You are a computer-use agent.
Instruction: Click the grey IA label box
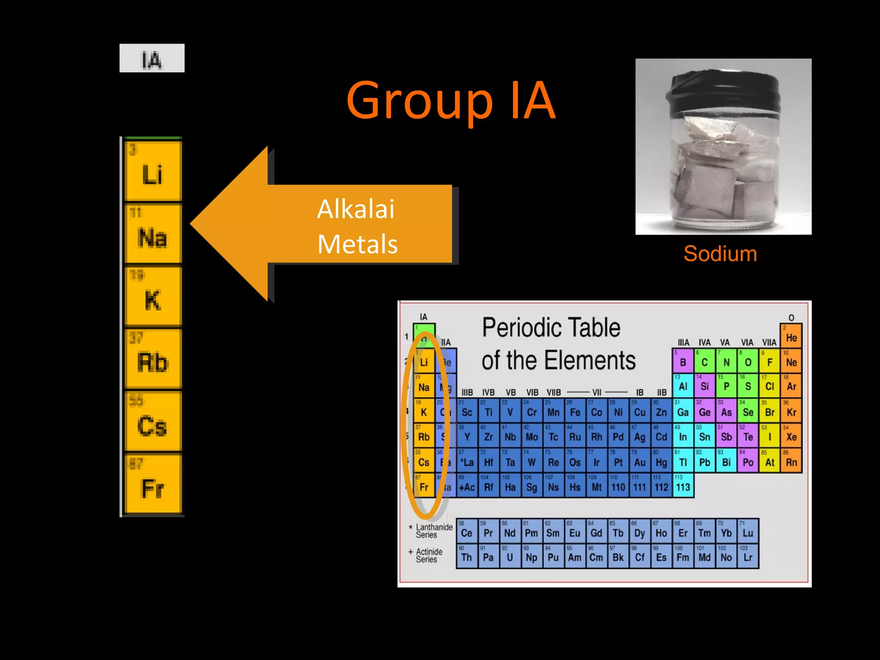tap(152, 58)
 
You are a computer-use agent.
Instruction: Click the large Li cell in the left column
tap(153, 171)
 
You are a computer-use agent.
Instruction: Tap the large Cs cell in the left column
tap(153, 422)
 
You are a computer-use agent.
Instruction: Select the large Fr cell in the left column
tap(153, 484)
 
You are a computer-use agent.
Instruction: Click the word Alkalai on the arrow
tap(355, 209)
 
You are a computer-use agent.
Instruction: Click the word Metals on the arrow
tap(357, 244)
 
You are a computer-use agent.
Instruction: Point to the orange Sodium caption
tap(720, 254)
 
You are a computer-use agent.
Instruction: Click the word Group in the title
tap(419, 101)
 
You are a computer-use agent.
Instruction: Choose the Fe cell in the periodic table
tap(575, 411)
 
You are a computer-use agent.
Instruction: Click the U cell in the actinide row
tap(510, 556)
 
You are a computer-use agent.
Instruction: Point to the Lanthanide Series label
tap(433, 531)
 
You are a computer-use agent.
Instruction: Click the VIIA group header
tap(769, 342)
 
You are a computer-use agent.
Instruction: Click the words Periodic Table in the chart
tap(551, 328)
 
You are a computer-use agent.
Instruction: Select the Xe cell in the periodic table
tap(791, 436)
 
